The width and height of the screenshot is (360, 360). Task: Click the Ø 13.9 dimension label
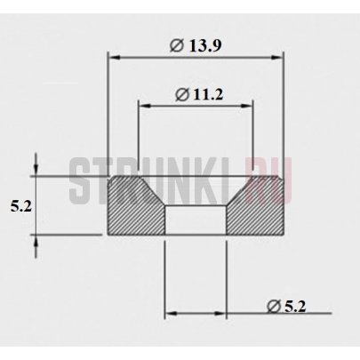click(x=196, y=46)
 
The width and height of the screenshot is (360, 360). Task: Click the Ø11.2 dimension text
click(x=199, y=95)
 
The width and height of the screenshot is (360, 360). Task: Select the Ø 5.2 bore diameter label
click(x=286, y=307)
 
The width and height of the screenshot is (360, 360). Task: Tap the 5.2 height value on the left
click(x=21, y=206)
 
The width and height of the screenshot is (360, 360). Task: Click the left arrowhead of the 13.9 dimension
click(x=114, y=59)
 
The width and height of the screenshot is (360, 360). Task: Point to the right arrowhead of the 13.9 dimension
click(x=276, y=59)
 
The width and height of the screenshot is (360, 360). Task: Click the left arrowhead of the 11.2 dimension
click(x=145, y=106)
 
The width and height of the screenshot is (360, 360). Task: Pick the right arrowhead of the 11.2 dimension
click(x=247, y=106)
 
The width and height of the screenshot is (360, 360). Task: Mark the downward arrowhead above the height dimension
click(x=36, y=168)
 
